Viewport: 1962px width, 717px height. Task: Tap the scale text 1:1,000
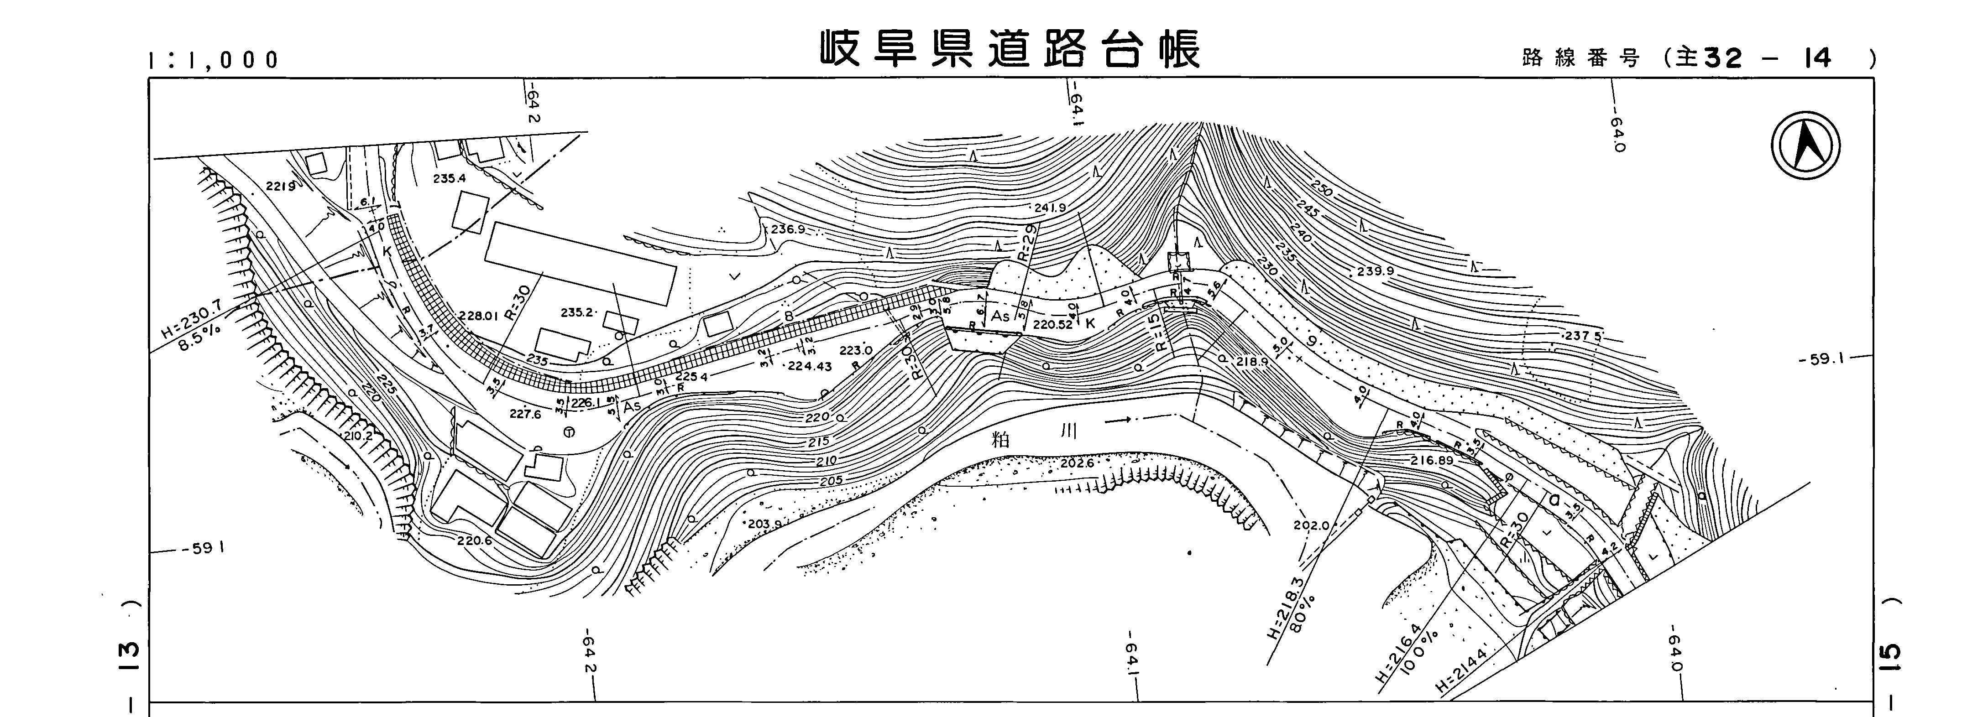click(x=215, y=60)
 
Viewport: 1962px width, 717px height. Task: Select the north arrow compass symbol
click(x=1805, y=146)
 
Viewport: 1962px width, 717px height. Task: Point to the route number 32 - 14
click(x=1767, y=58)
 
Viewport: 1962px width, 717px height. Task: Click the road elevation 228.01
click(x=478, y=316)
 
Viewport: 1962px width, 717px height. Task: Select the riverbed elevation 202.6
click(x=1076, y=463)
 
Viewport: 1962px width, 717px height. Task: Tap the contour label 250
click(x=1323, y=188)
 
